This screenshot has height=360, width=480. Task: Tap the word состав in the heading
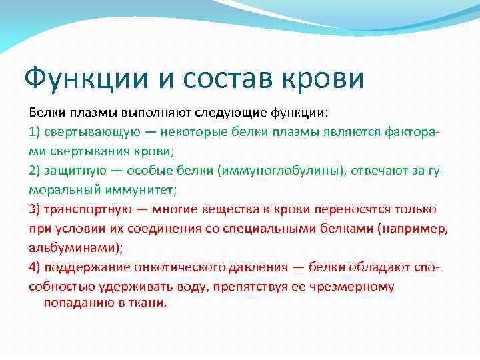pyautogui.click(x=231, y=79)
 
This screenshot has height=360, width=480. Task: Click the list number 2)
pyautogui.click(x=35, y=170)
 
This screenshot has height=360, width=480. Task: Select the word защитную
pyautogui.click(x=75, y=170)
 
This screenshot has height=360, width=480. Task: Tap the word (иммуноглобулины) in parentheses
pyautogui.click(x=283, y=170)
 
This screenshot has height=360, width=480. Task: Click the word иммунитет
pyautogui.click(x=141, y=189)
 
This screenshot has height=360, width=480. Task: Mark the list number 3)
pyautogui.click(x=35, y=209)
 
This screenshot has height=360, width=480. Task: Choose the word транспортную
pyautogui.click(x=91, y=209)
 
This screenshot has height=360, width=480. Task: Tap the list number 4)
pyautogui.click(x=35, y=268)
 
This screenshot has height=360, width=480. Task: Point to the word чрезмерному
pyautogui.click(x=354, y=287)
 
